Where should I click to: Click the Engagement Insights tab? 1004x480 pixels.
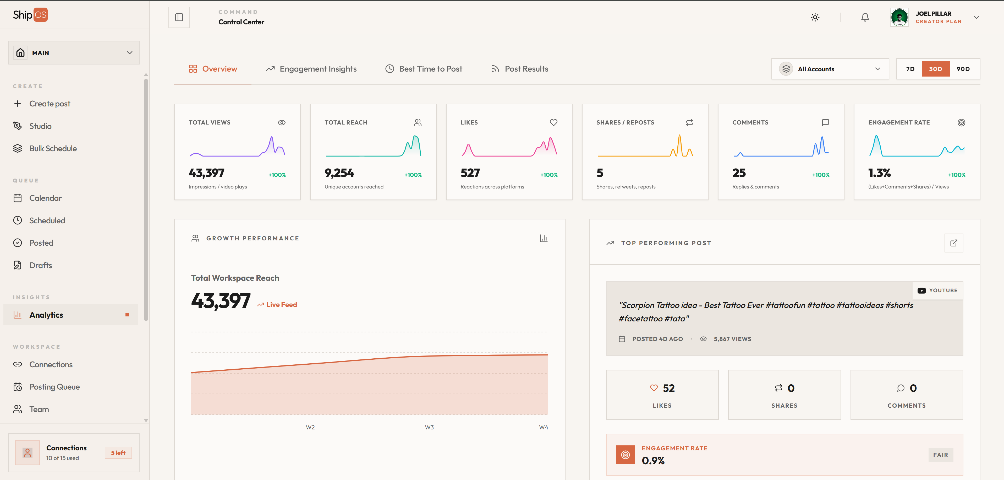click(x=311, y=69)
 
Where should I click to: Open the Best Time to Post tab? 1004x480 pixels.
click(x=424, y=69)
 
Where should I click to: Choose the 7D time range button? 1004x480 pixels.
click(x=910, y=69)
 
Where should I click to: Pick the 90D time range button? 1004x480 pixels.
click(x=963, y=69)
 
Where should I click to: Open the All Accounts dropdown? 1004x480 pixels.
click(x=830, y=69)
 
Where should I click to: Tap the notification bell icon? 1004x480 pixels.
click(x=865, y=17)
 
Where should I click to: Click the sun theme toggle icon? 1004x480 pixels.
click(x=815, y=17)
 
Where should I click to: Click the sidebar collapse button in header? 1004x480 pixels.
click(x=179, y=17)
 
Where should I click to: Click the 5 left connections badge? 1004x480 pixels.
click(x=118, y=453)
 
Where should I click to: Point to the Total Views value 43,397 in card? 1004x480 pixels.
click(x=207, y=173)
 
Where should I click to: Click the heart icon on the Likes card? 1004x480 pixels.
click(x=553, y=122)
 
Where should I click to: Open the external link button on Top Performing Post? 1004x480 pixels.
click(x=954, y=243)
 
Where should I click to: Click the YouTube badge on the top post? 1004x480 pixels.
click(x=938, y=290)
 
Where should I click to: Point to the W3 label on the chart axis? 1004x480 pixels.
click(x=429, y=427)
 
